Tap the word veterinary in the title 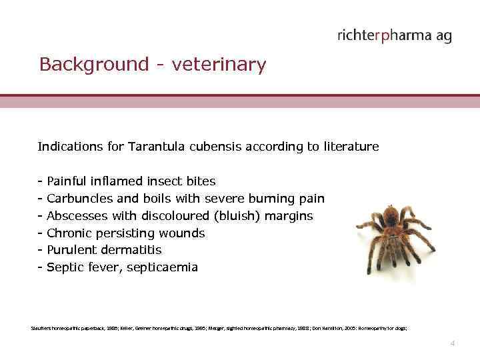[x=219, y=65]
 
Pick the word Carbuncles [x=78, y=198]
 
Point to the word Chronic [x=71, y=233]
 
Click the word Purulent [x=73, y=250]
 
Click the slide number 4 [x=453, y=343]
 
